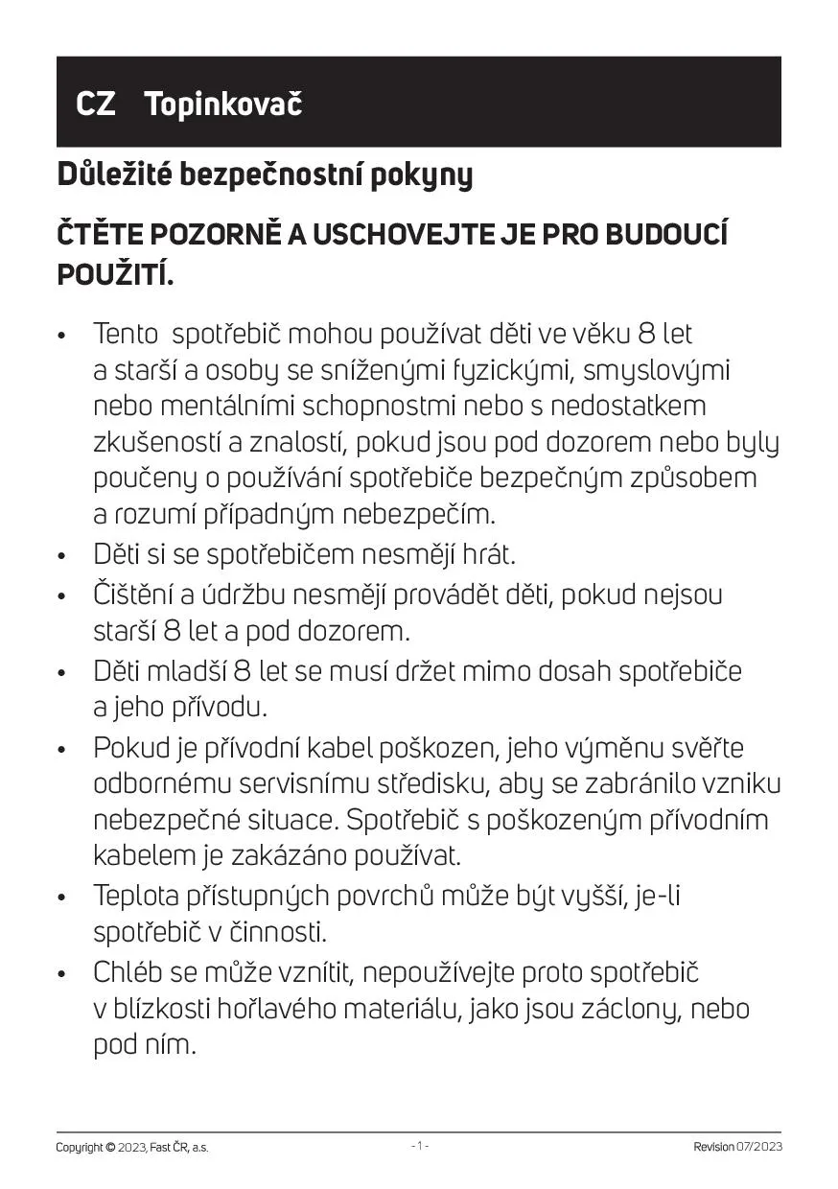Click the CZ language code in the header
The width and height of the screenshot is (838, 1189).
coord(96,104)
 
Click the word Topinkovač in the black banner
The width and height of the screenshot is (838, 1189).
coord(222,104)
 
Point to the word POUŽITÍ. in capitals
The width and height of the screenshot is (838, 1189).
coord(116,274)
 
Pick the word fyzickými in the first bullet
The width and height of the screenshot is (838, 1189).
coord(516,371)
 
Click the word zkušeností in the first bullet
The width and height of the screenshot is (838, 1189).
coord(157,442)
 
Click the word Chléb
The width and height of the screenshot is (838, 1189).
coord(128,972)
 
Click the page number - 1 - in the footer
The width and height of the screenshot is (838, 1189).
coord(419,1146)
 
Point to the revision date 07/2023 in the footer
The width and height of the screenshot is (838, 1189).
coord(759,1147)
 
